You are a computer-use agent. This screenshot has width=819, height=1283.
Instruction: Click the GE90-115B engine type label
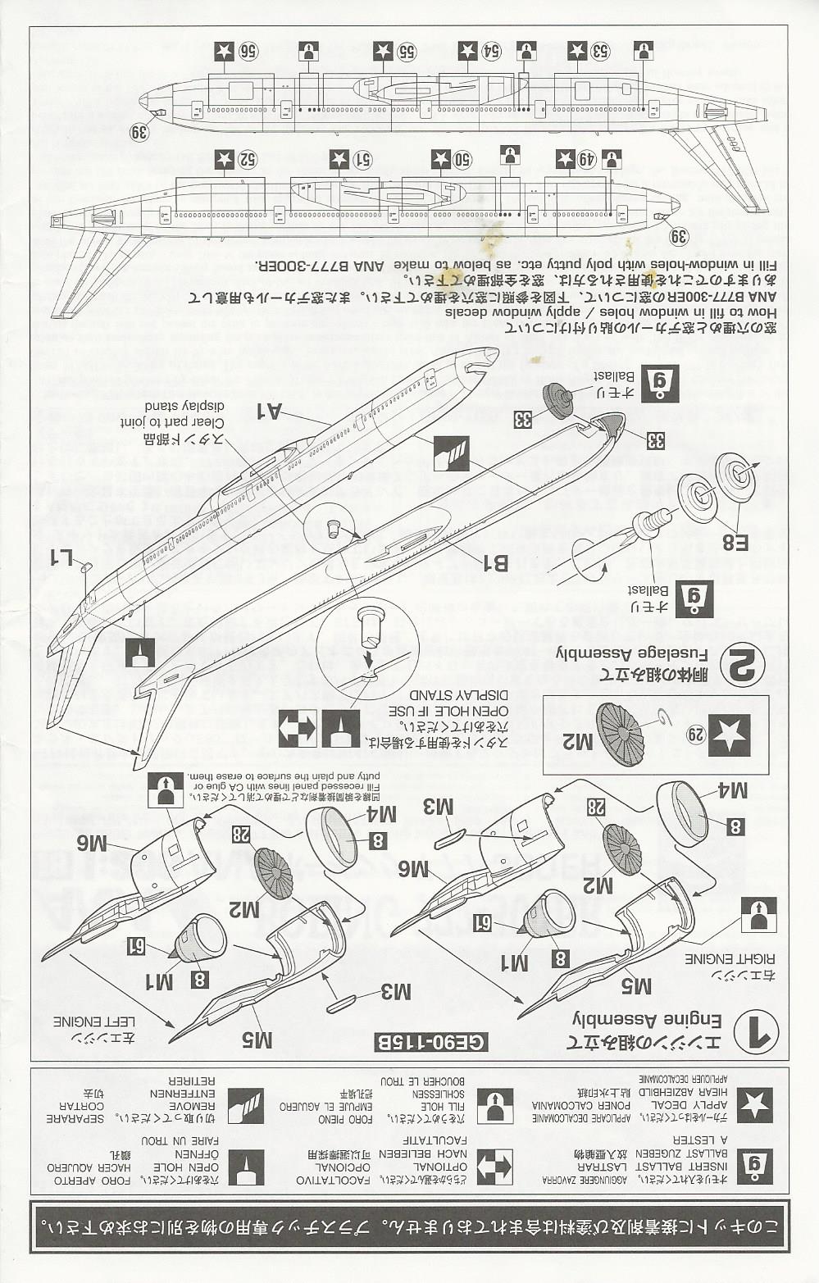(430, 1043)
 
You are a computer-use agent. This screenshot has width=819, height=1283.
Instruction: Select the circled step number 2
(743, 666)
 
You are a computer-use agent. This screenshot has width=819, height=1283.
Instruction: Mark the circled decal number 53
(600, 52)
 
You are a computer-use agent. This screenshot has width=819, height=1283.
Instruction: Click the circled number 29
(695, 735)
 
